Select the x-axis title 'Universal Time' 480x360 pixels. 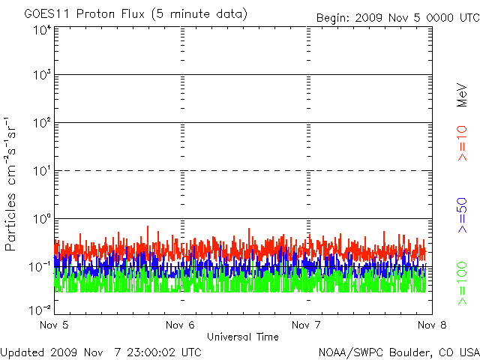(x=242, y=337)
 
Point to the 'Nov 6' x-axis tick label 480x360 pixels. (x=180, y=325)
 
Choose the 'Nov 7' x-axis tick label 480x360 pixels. (x=306, y=325)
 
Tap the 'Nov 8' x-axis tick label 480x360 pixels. (x=432, y=325)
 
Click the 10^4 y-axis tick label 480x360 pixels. (x=41, y=30)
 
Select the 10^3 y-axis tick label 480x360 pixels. (x=41, y=76)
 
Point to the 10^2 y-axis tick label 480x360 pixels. (x=41, y=123)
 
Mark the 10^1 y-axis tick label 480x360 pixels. (x=41, y=171)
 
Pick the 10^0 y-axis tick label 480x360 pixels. (x=41, y=219)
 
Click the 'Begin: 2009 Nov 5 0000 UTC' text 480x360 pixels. (x=397, y=16)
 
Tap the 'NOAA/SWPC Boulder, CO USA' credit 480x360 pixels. (x=398, y=352)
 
